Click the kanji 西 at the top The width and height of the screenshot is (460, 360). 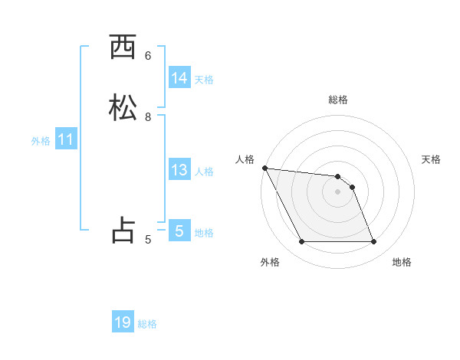tap(123, 47)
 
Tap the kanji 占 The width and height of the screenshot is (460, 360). tap(123, 231)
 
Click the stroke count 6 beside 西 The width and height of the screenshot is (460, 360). tap(148, 55)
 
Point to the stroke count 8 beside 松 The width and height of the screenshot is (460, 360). tap(148, 117)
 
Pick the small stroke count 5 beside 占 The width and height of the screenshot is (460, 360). tap(148, 239)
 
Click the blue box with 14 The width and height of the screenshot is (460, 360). tap(179, 78)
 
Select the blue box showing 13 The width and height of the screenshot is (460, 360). tap(179, 170)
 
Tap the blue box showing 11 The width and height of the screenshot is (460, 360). tap(66, 140)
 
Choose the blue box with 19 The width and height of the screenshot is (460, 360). tap(123, 322)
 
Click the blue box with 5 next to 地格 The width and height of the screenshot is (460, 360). tap(179, 231)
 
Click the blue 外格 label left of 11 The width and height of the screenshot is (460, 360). tap(41, 141)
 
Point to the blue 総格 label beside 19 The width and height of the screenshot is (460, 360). tap(147, 324)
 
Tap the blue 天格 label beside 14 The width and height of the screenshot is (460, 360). tap(204, 80)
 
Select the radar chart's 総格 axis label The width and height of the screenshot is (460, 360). tap(338, 100)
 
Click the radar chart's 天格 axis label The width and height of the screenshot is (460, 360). tap(432, 159)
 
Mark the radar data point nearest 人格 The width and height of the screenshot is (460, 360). tap(264, 168)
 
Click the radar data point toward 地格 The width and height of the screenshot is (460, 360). tap(374, 242)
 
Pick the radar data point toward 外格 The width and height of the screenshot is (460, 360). tap(301, 242)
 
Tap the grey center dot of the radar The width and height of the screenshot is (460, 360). tap(338, 191)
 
